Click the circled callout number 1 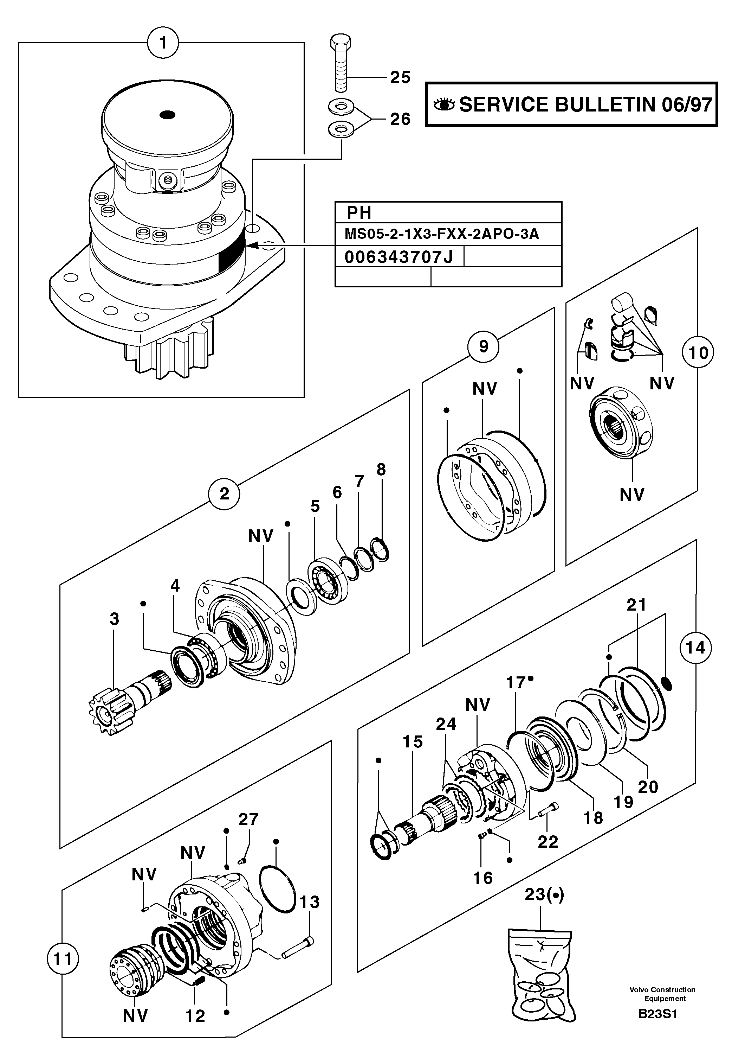point(163,43)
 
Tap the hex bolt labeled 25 point(341,64)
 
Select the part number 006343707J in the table point(399,257)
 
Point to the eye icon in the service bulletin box point(444,104)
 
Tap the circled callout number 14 point(695,648)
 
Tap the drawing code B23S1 point(657,1027)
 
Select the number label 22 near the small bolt point(548,841)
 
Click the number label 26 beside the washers point(400,119)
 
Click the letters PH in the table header point(359,213)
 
